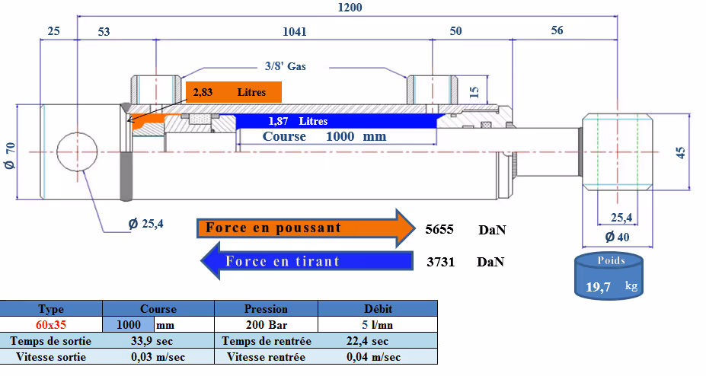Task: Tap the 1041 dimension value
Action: click(x=295, y=32)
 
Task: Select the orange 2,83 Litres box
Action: click(x=233, y=92)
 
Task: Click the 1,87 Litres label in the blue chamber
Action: click(x=298, y=121)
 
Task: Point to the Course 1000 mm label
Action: click(x=324, y=137)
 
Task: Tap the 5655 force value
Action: click(x=440, y=228)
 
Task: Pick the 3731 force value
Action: click(x=440, y=262)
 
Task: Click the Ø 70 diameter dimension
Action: click(x=11, y=156)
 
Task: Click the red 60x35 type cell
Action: click(x=51, y=324)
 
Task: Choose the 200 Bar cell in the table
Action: click(x=266, y=324)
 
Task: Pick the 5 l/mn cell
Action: click(x=377, y=324)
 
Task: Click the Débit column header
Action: click(x=377, y=308)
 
